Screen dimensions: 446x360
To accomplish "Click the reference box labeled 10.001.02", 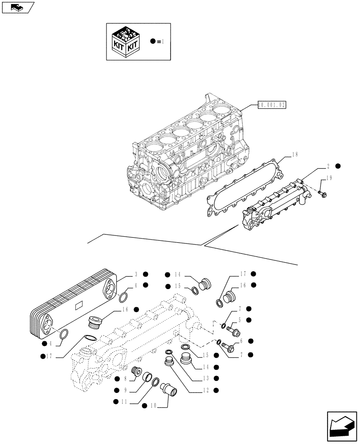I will click(272, 105).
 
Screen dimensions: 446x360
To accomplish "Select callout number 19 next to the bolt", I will click(329, 178).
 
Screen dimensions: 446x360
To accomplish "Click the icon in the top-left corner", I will click(18, 7).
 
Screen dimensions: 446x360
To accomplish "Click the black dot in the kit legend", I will click(153, 41).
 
